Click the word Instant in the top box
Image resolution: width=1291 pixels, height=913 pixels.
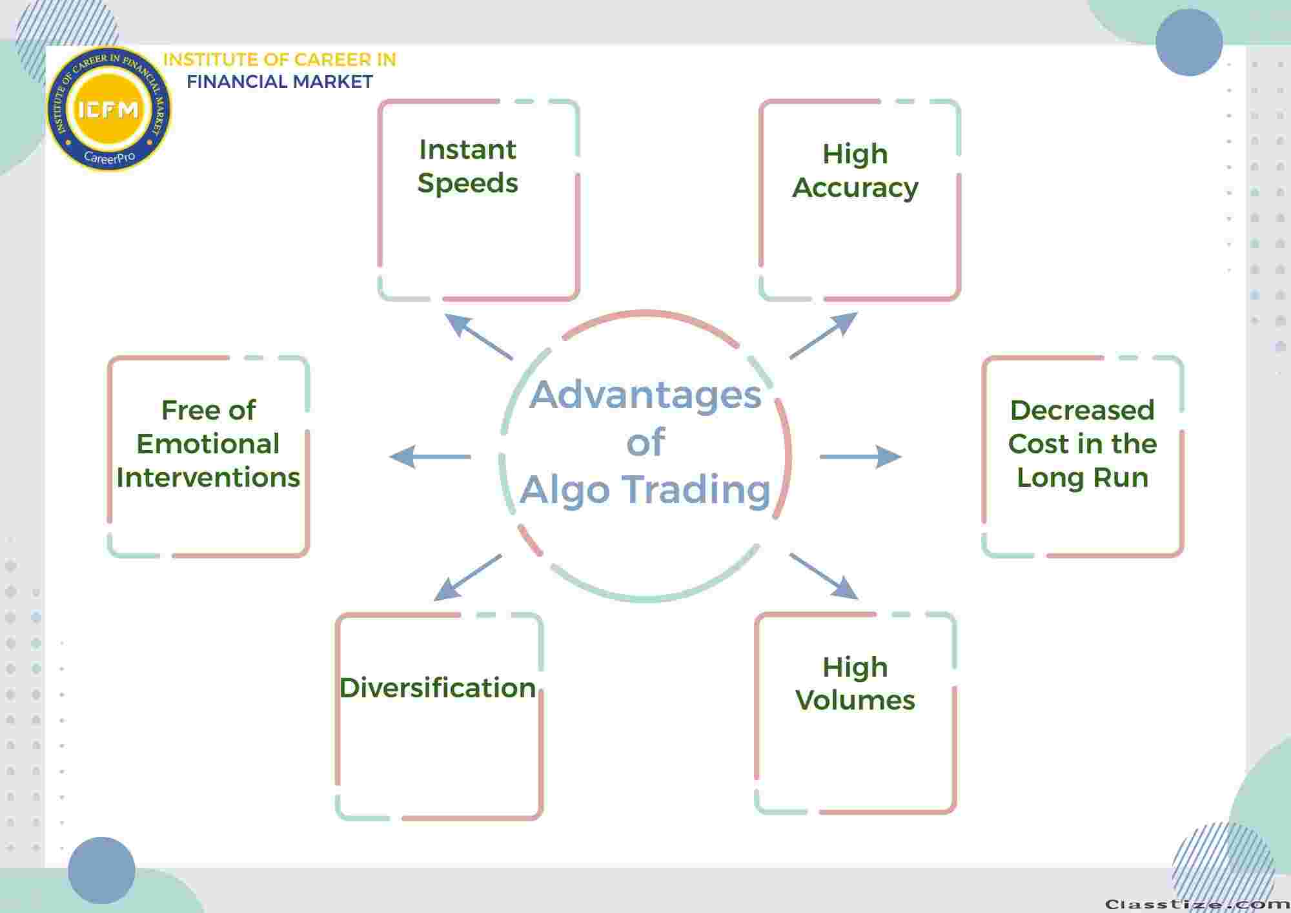[x=467, y=150]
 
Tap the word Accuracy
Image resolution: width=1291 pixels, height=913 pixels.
[x=855, y=189]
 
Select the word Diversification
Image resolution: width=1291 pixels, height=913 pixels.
[x=438, y=688]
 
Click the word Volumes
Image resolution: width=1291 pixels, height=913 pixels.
[x=855, y=700]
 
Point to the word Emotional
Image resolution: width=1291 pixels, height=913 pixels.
[x=208, y=444]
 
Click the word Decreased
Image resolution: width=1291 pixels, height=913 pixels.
[x=1083, y=410]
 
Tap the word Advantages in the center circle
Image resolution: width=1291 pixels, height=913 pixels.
[x=645, y=396]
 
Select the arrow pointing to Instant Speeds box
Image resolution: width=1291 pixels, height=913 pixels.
[x=479, y=336]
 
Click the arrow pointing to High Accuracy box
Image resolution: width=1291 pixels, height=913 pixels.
[x=824, y=336]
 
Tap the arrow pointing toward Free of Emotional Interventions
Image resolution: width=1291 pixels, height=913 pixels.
[x=430, y=456]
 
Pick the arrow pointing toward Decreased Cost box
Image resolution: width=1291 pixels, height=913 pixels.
[x=861, y=456]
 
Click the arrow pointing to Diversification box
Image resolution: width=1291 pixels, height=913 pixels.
[x=467, y=577]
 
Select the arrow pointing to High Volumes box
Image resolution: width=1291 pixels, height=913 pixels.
[x=824, y=577]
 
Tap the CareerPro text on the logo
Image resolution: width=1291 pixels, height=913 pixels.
[x=110, y=157]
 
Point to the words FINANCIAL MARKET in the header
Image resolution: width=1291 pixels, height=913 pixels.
[x=280, y=82]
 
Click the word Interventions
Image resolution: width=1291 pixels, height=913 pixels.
[x=208, y=478]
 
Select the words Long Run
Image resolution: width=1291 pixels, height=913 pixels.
[x=1083, y=478]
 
